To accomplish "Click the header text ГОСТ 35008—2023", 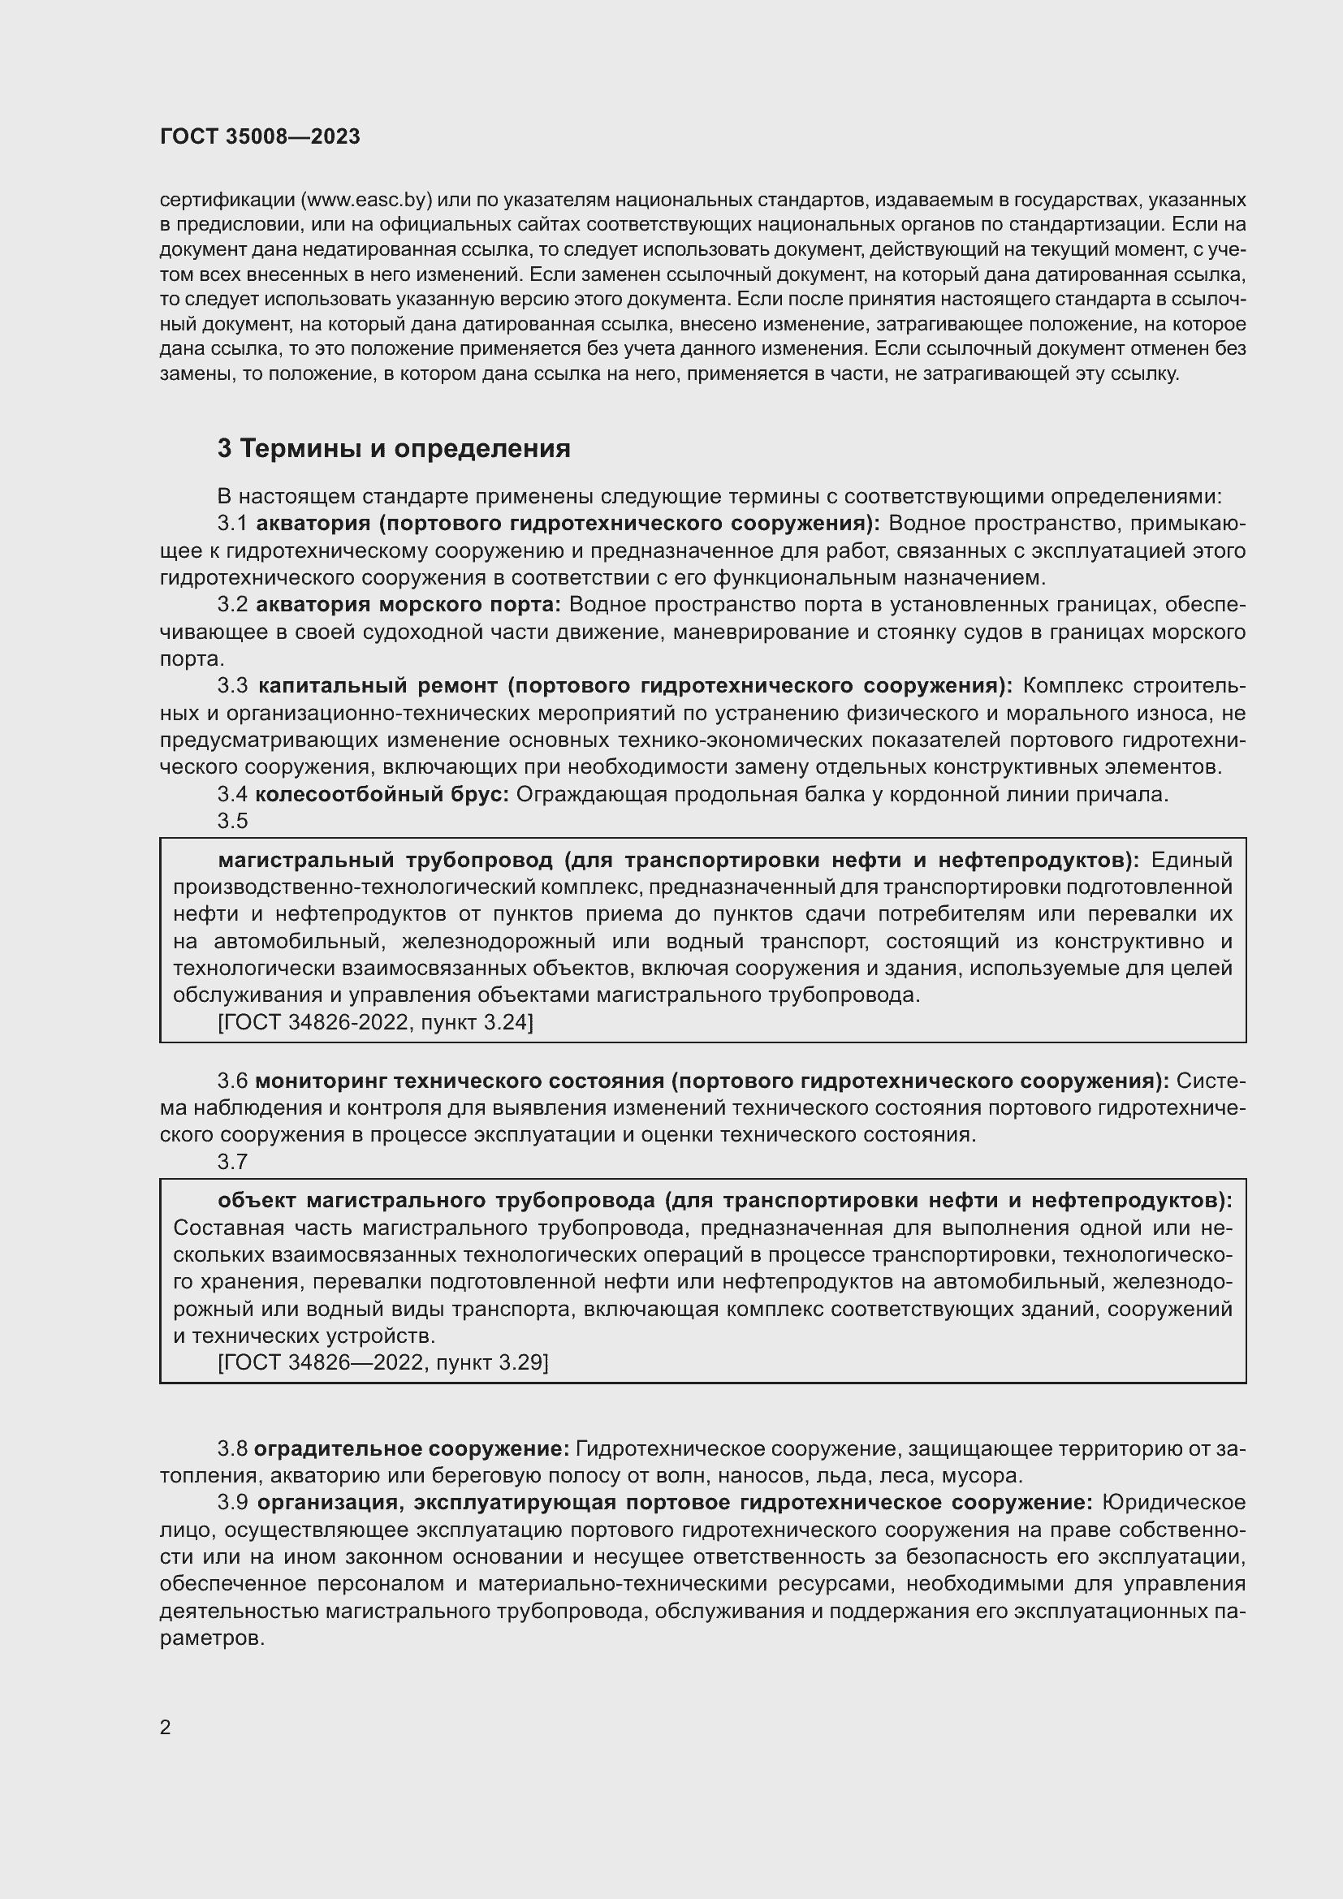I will click(260, 137).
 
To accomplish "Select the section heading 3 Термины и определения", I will click(394, 449).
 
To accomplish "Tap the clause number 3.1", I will click(232, 524).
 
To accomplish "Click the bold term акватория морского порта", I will click(408, 605).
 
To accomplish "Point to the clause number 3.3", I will click(232, 686).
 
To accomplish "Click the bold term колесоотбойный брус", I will click(382, 795).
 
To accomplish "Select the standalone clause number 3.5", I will click(232, 822).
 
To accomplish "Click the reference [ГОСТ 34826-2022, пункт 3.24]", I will click(375, 1023).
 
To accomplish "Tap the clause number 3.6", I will click(232, 1081).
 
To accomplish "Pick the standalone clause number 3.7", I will click(232, 1162).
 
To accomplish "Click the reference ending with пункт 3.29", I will click(383, 1362).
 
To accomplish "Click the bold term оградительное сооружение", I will click(411, 1449).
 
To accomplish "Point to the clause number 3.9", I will click(232, 1502).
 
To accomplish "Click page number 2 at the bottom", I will click(166, 1728).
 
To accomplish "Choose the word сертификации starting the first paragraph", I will click(227, 201).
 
